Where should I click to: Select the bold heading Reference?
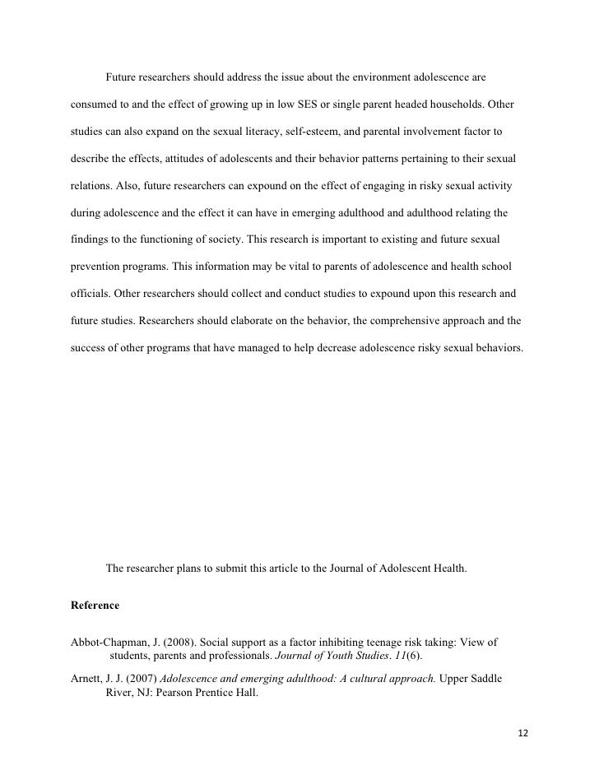[x=96, y=606]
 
